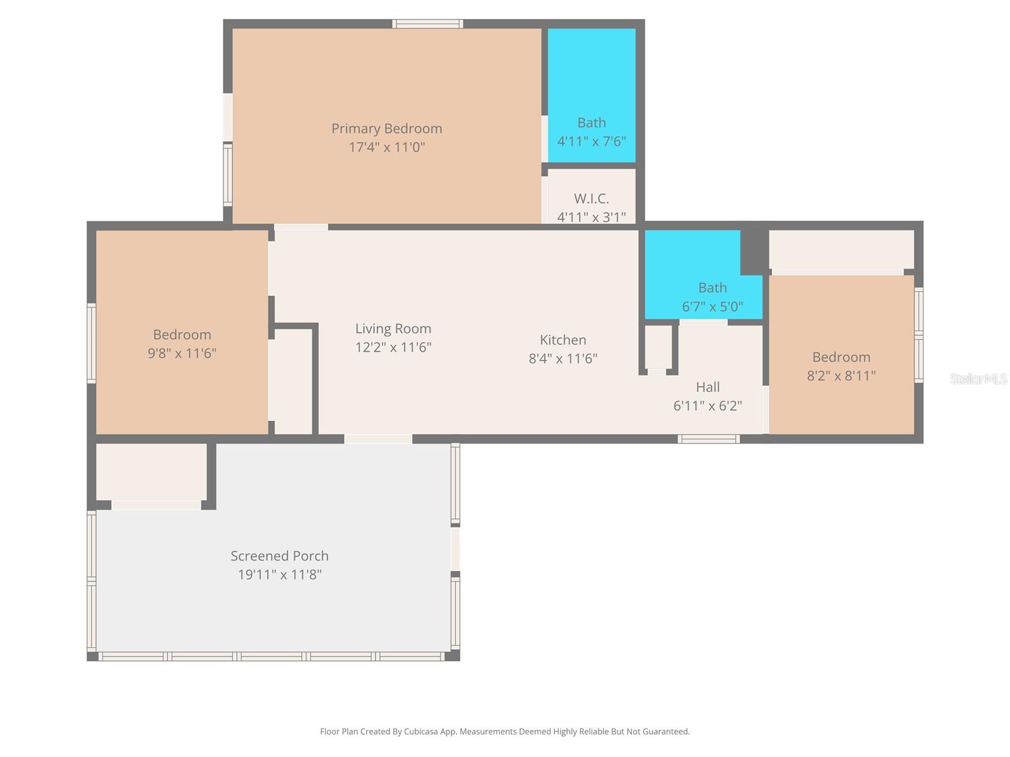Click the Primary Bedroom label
point(386,129)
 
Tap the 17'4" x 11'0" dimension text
point(386,148)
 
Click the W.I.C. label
point(591,199)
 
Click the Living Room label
point(393,329)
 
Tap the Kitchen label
point(562,340)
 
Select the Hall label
point(708,387)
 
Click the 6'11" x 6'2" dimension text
point(708,406)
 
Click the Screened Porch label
point(279,556)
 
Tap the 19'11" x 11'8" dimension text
point(279,575)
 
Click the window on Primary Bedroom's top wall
point(427,24)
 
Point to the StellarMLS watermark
point(978,378)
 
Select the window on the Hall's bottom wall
point(708,438)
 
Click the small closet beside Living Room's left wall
point(294,381)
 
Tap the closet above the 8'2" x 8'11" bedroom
point(841,250)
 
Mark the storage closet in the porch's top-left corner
point(151,472)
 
